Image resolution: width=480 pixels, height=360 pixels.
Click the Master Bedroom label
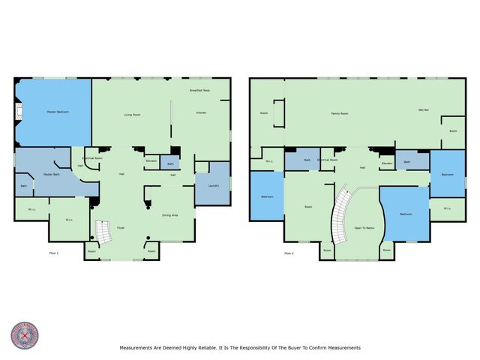click(57, 112)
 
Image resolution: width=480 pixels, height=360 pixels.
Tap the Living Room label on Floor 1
click(133, 115)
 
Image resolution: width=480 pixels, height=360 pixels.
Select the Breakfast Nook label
click(199, 90)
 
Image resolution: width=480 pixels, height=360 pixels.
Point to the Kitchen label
click(201, 112)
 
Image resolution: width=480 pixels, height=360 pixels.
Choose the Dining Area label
click(170, 215)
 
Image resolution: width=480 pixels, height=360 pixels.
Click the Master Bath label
click(52, 174)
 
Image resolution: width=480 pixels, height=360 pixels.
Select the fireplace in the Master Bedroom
click(19, 112)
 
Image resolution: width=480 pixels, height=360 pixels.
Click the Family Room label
click(340, 113)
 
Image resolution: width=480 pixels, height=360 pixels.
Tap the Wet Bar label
click(423, 110)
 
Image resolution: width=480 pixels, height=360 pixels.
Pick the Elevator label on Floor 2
click(387, 163)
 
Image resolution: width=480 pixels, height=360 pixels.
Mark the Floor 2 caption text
click(289, 253)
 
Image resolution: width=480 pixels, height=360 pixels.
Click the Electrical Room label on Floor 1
click(93, 158)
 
